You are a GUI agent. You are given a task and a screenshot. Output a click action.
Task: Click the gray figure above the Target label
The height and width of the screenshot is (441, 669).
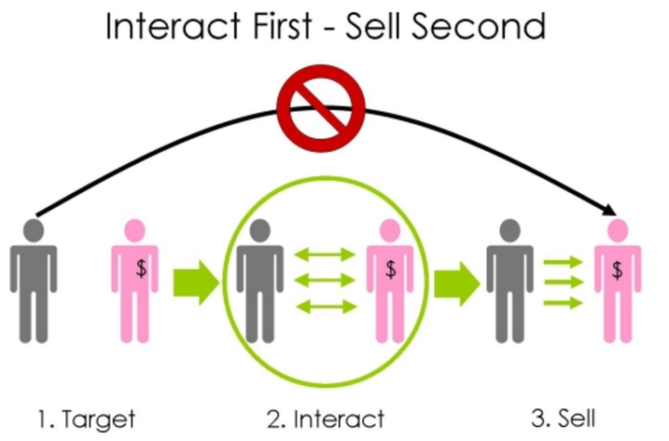point(33,279)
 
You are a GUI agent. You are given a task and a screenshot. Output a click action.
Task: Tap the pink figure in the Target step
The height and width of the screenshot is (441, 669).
point(136,279)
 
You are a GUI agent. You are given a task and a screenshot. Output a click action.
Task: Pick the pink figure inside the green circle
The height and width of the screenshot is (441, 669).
point(388,279)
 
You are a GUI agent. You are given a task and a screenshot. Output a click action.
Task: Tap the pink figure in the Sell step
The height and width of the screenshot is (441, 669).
point(618,279)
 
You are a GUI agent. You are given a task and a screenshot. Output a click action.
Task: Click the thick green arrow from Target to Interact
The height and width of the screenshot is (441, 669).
point(195,279)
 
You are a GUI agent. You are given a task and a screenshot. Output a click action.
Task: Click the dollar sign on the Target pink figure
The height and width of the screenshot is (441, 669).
point(140,269)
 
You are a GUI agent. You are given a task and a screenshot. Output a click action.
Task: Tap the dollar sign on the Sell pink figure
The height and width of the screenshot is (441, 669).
point(618,270)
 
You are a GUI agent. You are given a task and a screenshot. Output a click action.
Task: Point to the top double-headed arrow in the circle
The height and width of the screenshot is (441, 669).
point(324,254)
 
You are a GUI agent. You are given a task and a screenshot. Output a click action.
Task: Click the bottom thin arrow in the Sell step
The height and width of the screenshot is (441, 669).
point(563,304)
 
